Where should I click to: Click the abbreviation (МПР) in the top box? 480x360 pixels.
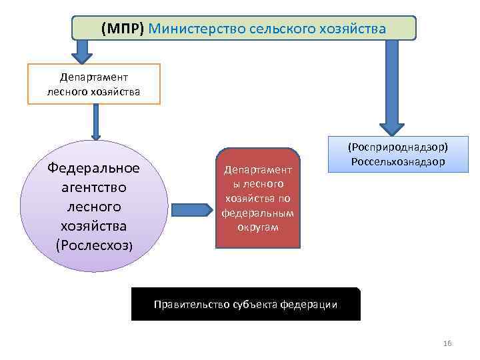click(123, 29)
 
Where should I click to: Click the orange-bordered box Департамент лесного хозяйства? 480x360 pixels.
click(94, 84)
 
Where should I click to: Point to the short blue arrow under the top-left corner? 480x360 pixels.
click(82, 50)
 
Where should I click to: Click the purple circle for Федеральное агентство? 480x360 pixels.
click(94, 207)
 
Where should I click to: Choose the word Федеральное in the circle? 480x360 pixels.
click(94, 167)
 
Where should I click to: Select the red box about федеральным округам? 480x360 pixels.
click(258, 198)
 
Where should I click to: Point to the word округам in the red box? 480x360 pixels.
click(257, 227)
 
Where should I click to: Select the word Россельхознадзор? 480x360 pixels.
click(399, 161)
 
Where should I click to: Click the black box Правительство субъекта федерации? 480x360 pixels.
click(245, 304)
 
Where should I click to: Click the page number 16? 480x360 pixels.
click(447, 343)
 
